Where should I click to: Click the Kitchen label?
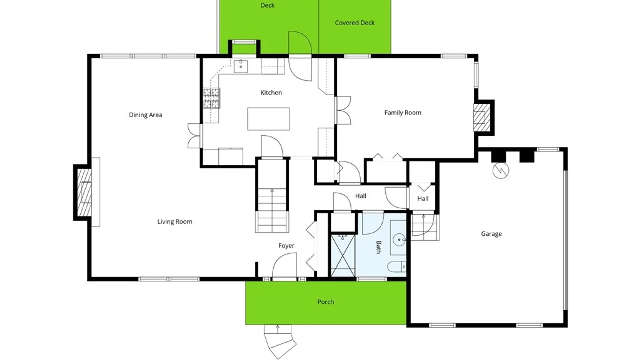coord(271,93)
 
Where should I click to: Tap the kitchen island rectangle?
coord(268,119)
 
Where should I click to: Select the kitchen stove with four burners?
coord(212,98)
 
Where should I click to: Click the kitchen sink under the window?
coord(241,66)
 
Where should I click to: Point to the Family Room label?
coord(403,113)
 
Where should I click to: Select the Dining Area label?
coord(145,115)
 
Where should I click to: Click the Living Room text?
coord(175,222)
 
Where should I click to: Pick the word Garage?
coord(491,234)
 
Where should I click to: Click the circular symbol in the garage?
coord(501,170)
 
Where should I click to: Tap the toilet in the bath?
coord(397,267)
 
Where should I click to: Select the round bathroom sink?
coord(399,240)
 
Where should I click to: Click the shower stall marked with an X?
coord(343,255)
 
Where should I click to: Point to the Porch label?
coord(326,302)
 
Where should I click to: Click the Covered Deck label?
coord(355,23)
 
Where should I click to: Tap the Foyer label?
coord(286,246)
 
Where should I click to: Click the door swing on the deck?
coord(300,42)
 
